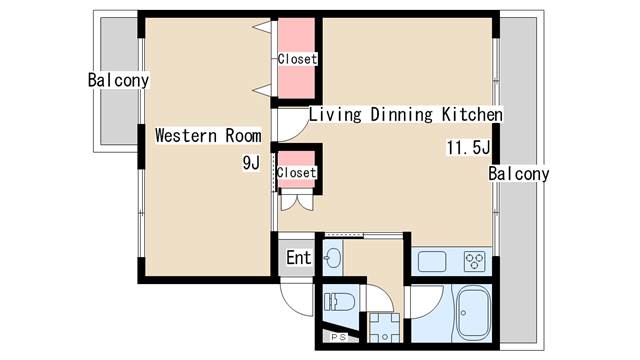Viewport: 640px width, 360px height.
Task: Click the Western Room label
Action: pyautogui.click(x=208, y=136)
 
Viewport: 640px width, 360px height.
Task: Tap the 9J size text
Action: pyautogui.click(x=251, y=163)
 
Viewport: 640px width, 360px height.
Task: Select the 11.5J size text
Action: pyautogui.click(x=468, y=147)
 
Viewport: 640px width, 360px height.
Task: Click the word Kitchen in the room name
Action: pyautogui.click(x=472, y=114)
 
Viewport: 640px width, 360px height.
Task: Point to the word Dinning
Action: pyautogui.click(x=401, y=114)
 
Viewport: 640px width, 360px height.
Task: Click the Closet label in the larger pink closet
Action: pyautogui.click(x=297, y=59)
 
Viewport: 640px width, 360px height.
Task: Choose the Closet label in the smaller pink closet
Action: pyautogui.click(x=296, y=172)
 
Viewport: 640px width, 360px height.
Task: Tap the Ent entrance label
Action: pyautogui.click(x=298, y=258)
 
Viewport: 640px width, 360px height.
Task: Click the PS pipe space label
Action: pyautogui.click(x=338, y=337)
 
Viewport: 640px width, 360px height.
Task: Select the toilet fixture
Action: pyautogui.click(x=340, y=302)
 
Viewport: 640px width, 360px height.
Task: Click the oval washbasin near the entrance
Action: pyautogui.click(x=333, y=258)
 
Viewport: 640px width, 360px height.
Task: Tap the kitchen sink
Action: pyautogui.click(x=432, y=261)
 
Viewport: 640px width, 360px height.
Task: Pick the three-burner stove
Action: pyautogui.click(x=474, y=261)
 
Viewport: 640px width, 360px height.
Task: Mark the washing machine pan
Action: pyautogui.click(x=384, y=327)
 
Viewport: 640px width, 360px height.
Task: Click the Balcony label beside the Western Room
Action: pyautogui.click(x=118, y=80)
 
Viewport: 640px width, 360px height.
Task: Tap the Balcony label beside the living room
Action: pyautogui.click(x=519, y=174)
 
